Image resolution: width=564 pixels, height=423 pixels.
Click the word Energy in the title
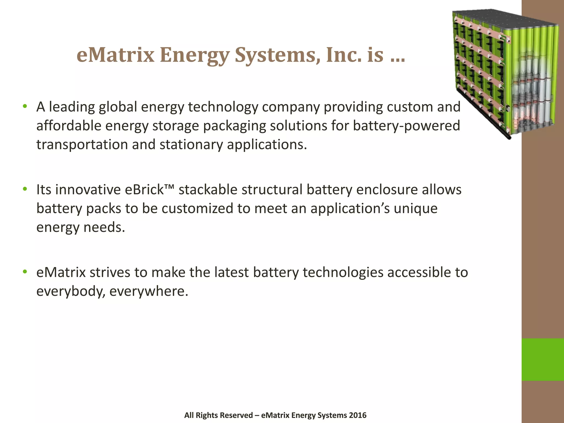(x=194, y=55)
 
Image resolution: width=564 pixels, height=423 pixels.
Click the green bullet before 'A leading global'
(x=25, y=106)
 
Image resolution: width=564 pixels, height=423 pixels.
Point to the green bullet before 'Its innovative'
(x=25, y=189)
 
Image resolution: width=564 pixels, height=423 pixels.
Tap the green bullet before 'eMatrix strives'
(x=25, y=272)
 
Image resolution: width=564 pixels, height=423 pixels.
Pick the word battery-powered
(x=406, y=126)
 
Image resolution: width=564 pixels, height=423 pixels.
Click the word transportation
(x=82, y=145)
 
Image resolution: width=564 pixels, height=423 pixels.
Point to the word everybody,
(x=71, y=291)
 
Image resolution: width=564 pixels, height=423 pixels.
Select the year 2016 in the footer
(x=357, y=415)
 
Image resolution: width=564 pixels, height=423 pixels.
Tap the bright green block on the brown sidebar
(x=543, y=359)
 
